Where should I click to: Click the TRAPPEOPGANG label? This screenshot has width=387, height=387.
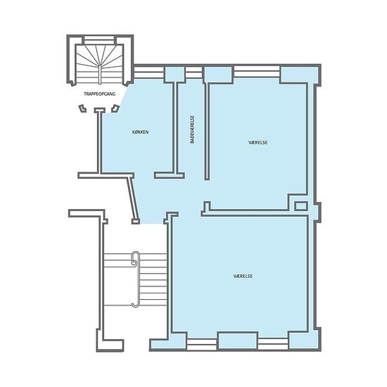(100, 94)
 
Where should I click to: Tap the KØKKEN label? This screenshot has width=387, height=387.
(141, 132)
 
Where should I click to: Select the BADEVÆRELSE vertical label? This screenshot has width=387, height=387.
(193, 130)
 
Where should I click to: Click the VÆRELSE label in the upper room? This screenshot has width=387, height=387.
(258, 142)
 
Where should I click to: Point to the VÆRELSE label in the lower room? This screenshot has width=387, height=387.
(243, 276)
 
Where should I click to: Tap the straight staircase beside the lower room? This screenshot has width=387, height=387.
(135, 279)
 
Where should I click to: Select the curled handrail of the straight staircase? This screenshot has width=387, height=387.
(136, 279)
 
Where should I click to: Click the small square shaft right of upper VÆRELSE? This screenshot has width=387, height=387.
(301, 206)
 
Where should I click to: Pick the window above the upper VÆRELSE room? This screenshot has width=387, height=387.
(256, 71)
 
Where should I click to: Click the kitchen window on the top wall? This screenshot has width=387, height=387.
(149, 72)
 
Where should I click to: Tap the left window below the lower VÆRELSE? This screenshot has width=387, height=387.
(202, 344)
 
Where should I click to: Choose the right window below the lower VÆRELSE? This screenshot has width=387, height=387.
(273, 344)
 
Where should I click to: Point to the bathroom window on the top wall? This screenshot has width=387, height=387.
(193, 72)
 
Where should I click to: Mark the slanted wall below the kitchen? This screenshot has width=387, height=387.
(133, 199)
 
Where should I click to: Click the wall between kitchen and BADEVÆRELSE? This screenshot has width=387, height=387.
(175, 127)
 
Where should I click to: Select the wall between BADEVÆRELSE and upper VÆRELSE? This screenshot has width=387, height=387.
(207, 131)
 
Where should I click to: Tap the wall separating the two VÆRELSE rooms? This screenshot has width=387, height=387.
(254, 213)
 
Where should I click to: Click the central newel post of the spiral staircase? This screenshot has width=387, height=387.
(99, 75)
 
